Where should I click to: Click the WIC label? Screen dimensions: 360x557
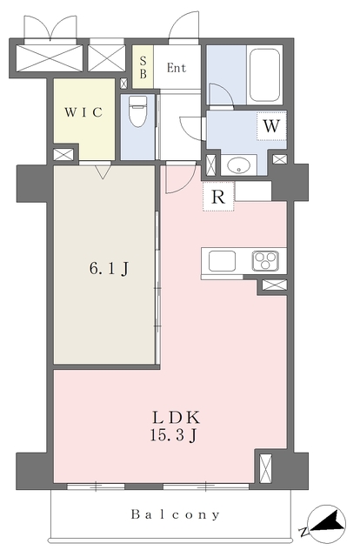83,112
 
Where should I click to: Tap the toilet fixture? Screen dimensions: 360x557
137,111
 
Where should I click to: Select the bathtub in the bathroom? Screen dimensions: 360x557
264,75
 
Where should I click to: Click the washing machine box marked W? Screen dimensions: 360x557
271,125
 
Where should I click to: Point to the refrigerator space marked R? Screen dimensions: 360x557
218,197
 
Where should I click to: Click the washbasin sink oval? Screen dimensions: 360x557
238,165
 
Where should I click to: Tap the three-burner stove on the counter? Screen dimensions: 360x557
265,261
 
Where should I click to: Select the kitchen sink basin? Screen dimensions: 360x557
222,261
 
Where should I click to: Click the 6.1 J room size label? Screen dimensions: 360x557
109,268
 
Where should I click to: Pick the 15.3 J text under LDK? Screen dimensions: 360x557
173,435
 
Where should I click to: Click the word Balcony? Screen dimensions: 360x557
176,514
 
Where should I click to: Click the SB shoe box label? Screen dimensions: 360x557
143,68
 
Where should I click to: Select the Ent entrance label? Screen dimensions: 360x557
177,68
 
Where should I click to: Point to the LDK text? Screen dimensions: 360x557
177,418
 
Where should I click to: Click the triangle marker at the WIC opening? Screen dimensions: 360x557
103,172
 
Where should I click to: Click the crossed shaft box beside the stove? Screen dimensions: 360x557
274,285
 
